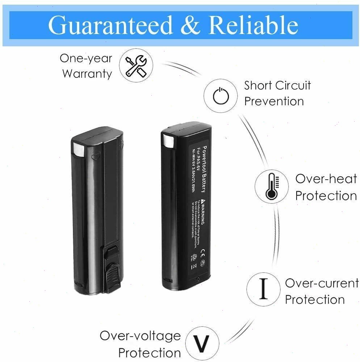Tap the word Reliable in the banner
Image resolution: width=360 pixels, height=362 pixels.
(x=254, y=25)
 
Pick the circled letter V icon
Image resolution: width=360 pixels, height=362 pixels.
(x=202, y=342)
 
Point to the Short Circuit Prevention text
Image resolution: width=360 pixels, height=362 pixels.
(x=277, y=93)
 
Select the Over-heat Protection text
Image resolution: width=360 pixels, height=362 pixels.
(x=326, y=187)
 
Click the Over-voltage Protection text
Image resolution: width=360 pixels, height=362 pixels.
(x=141, y=344)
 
